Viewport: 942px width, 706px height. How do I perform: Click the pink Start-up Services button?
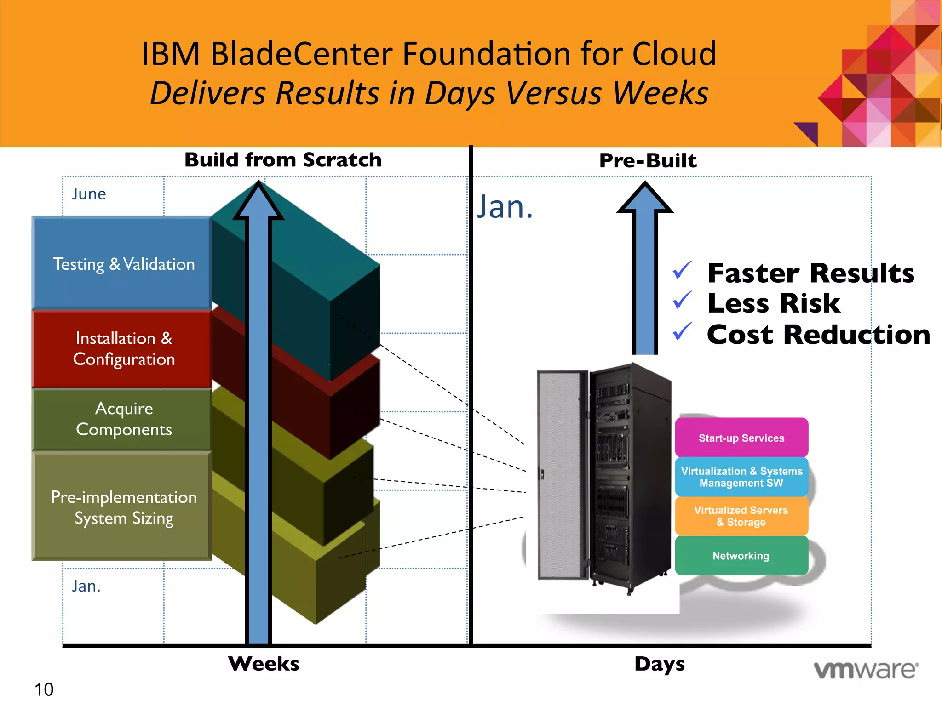[x=741, y=438]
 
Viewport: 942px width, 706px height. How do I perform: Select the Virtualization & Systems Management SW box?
[x=741, y=477]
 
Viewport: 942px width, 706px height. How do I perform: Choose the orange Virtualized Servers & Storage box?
[x=741, y=516]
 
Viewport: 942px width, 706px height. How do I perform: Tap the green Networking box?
[x=741, y=556]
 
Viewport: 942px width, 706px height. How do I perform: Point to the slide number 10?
[x=44, y=689]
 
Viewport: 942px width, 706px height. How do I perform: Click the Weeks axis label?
[x=264, y=664]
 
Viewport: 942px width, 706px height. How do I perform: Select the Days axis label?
[x=659, y=664]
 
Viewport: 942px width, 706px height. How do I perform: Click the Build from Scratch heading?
[x=283, y=160]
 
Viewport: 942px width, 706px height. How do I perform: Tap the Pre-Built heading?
[x=648, y=160]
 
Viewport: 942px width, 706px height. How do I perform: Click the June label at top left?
[x=89, y=194]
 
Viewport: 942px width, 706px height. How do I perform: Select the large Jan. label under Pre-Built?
[x=504, y=207]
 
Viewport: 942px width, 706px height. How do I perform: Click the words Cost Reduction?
[x=818, y=334]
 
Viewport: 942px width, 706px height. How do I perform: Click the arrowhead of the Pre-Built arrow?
[x=645, y=198]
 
